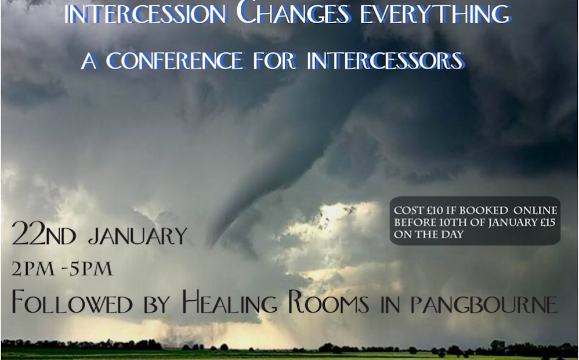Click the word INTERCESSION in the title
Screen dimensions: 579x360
tap(146, 14)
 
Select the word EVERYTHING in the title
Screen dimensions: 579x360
tap(436, 14)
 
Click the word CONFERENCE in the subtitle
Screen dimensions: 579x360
tap(175, 60)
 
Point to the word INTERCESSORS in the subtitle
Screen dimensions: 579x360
tap(385, 60)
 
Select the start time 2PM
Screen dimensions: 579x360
tap(33, 269)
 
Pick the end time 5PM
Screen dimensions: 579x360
tap(91, 269)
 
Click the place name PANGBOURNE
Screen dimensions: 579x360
tap(484, 305)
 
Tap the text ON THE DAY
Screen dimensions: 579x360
tap(428, 235)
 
